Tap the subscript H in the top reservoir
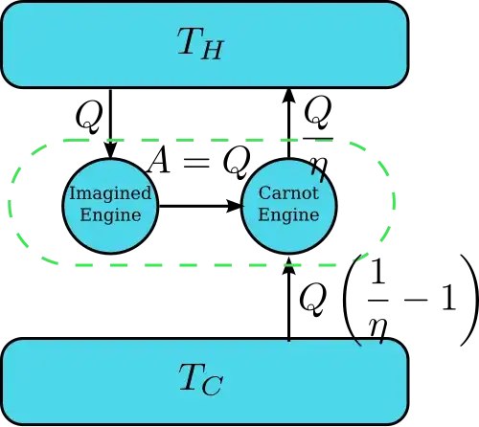(x=212, y=51)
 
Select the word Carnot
(x=288, y=193)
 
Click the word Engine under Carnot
(x=288, y=214)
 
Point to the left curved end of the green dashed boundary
(x=12, y=203)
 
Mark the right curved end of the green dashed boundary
(x=393, y=203)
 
